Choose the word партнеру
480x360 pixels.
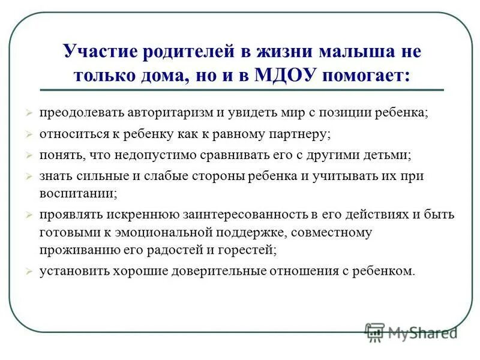pyautogui.click(x=296, y=134)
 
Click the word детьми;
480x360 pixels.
pyautogui.click(x=384, y=155)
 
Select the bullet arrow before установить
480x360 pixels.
pyautogui.click(x=29, y=271)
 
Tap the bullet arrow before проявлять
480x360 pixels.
pyautogui.click(x=29, y=215)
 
